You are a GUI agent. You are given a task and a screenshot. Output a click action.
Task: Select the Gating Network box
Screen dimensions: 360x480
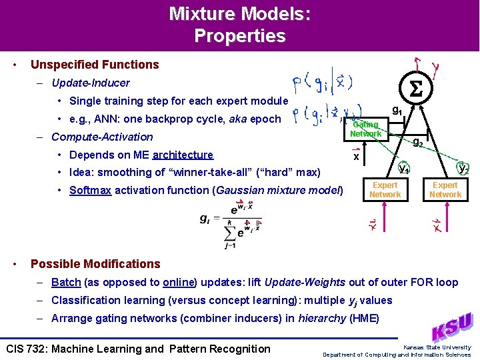366,129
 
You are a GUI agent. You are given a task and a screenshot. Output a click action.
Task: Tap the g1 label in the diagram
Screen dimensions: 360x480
397,111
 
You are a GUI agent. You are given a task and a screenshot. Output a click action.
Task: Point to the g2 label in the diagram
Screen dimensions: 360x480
418,141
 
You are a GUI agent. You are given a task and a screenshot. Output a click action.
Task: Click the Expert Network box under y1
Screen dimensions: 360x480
385,189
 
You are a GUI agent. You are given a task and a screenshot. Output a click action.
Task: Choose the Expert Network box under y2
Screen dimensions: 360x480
445,189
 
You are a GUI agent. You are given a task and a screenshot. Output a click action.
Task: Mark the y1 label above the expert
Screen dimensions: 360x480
404,168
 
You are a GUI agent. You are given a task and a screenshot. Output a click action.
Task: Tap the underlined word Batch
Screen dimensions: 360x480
66,282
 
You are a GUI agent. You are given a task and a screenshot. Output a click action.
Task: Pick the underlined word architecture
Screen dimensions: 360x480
183,155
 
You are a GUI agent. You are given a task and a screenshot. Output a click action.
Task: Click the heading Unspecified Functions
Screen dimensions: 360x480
95,65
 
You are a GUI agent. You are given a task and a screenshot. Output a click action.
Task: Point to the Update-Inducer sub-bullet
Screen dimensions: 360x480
90,83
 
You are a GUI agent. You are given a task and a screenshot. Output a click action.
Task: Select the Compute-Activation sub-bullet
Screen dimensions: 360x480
102,137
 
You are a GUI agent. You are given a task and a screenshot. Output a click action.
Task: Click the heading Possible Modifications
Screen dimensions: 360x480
95,263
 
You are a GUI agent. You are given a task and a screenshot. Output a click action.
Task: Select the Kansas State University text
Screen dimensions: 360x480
437,347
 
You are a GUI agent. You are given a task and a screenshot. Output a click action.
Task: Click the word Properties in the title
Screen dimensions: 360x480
240,36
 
